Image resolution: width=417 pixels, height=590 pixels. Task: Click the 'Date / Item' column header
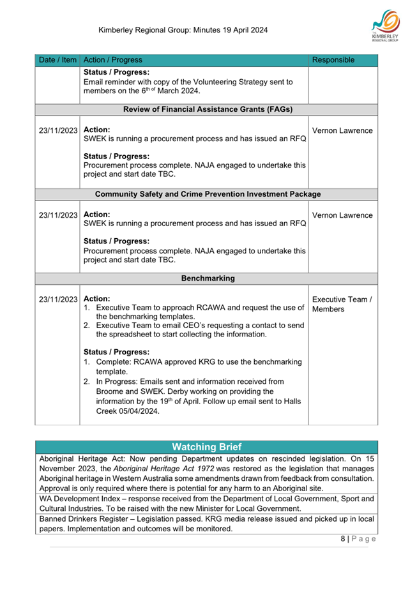point(57,60)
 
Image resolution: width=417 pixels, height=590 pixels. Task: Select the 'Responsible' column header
point(332,60)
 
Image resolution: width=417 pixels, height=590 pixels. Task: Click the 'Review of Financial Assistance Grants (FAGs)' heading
point(208,110)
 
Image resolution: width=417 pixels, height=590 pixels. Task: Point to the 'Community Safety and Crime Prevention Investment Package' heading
point(208,193)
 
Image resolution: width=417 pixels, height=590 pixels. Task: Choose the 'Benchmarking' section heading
point(208,278)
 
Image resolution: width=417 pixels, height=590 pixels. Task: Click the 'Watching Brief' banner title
point(208,446)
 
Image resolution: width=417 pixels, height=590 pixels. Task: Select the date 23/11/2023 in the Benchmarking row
point(58,299)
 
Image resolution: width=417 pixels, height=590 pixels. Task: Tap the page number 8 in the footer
point(343,538)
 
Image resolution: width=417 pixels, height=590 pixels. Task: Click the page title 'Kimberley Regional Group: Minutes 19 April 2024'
point(183,30)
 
